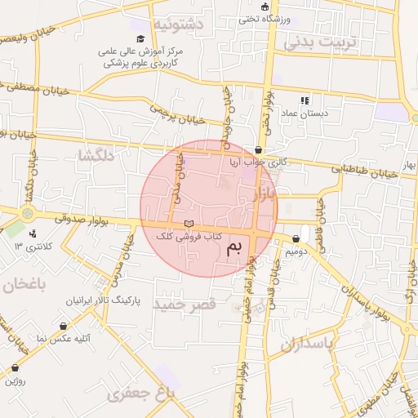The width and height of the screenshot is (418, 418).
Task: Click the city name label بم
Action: tap(234, 249)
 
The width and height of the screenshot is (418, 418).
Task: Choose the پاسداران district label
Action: tap(307, 344)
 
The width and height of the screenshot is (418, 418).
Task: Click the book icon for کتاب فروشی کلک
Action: tap(189, 224)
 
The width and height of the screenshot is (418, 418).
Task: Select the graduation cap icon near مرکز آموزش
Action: tap(140, 39)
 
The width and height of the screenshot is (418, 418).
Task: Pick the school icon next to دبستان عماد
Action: tap(305, 100)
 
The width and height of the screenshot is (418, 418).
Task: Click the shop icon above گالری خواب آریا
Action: tap(259, 150)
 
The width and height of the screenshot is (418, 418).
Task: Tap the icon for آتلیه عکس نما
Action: tap(63, 326)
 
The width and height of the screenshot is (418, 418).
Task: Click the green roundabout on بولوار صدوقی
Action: tap(28, 214)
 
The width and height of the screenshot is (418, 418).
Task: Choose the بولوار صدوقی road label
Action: tap(82, 219)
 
